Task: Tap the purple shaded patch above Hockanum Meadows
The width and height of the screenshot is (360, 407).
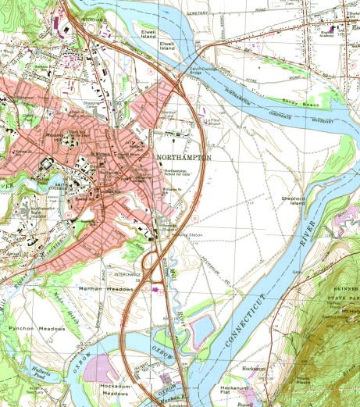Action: [102, 367]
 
